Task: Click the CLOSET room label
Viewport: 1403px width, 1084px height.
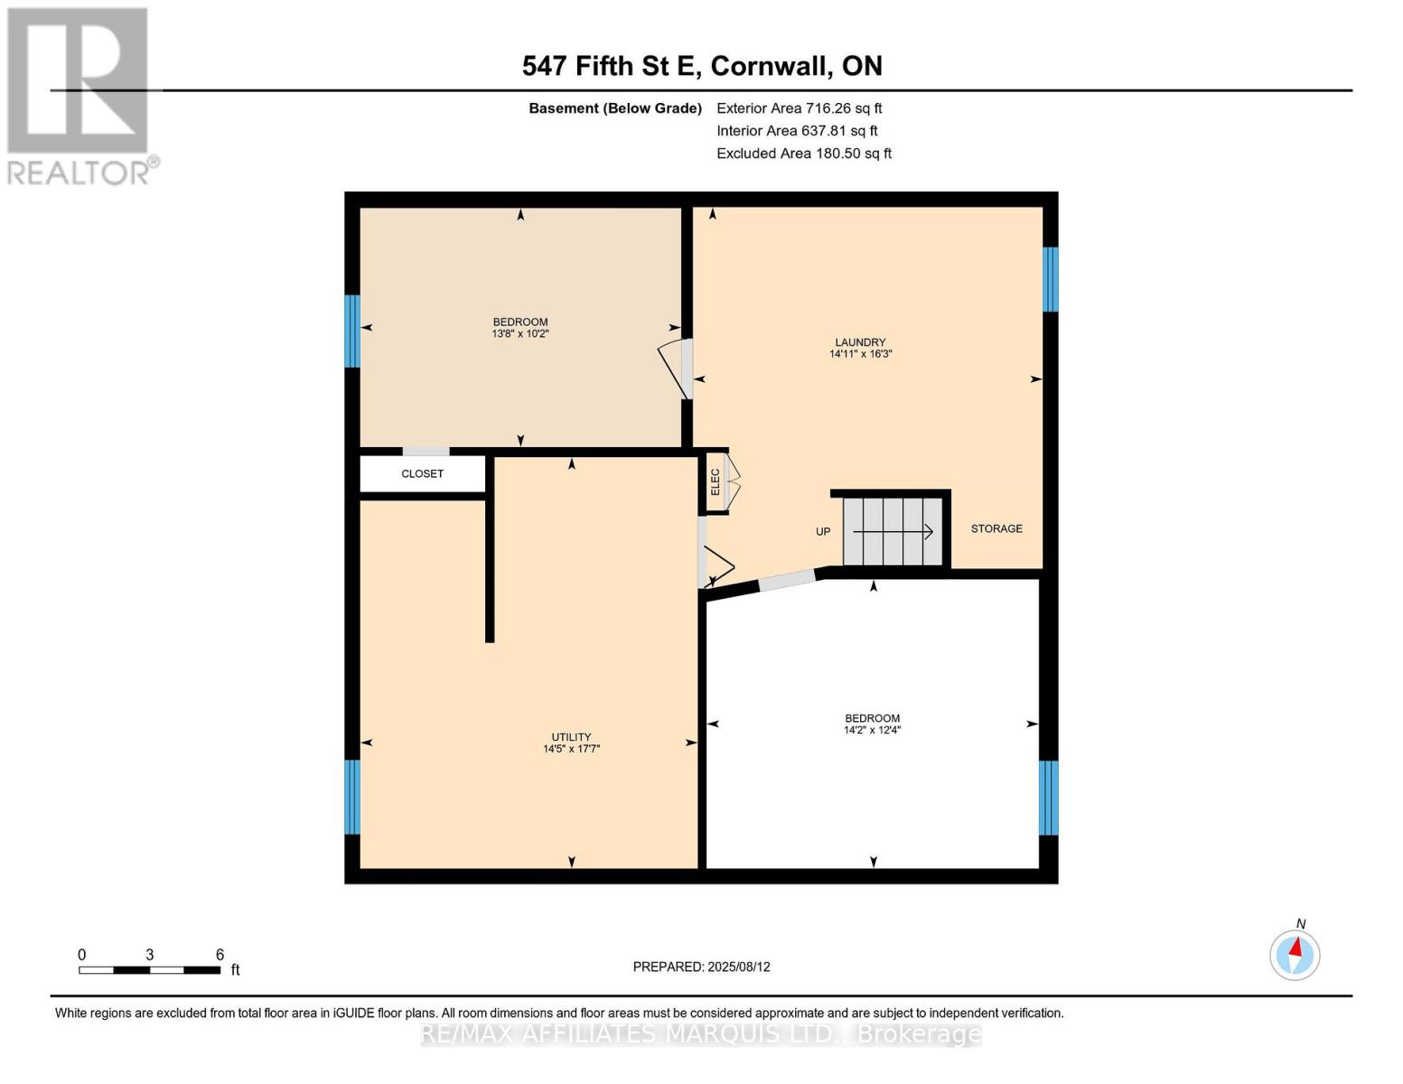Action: (422, 474)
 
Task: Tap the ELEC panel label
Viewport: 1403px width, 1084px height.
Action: (716, 481)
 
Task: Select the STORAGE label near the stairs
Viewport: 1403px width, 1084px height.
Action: (996, 528)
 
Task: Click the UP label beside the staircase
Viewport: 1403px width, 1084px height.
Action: (822, 532)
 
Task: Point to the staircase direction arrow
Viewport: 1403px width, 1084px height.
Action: (893, 532)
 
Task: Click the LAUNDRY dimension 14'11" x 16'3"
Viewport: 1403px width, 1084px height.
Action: (860, 354)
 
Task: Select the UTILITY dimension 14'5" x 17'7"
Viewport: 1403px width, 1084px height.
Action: (571, 749)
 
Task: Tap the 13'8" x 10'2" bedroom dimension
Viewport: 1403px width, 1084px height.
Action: (520, 334)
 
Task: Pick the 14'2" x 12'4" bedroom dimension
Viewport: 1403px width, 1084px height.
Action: (872, 730)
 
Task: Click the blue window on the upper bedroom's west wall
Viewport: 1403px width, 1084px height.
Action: (352, 332)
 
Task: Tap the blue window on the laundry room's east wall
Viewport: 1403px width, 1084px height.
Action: (1050, 279)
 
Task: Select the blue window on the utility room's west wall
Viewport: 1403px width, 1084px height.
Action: (352, 797)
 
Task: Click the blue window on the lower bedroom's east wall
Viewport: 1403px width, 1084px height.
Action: (1048, 798)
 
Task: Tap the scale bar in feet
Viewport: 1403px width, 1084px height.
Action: (150, 970)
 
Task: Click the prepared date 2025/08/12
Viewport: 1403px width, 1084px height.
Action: (701, 967)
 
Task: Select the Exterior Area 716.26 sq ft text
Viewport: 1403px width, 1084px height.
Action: (799, 108)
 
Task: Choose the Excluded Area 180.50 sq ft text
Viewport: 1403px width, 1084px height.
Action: (803, 154)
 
